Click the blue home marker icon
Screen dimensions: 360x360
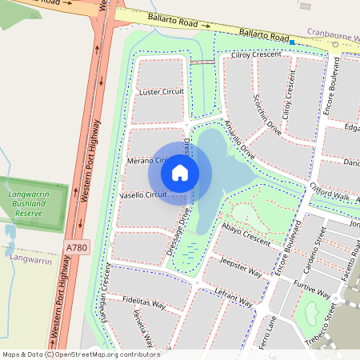pos(180,172)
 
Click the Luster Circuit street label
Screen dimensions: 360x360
pos(162,92)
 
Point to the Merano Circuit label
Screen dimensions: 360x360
pos(150,161)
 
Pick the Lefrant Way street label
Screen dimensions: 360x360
pos(234,300)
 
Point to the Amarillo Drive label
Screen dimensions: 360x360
pos(239,139)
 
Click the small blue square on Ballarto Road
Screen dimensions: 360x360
pos(293,42)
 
